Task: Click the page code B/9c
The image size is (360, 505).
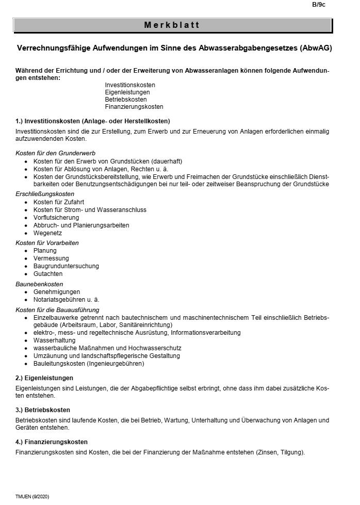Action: point(319,5)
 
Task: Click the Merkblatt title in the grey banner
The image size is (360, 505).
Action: point(172,25)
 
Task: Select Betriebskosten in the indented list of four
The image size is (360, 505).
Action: point(126,99)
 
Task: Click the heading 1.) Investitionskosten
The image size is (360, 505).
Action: point(93,121)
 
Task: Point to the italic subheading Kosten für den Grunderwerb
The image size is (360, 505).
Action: point(55,153)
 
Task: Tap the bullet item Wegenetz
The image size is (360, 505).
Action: point(47,233)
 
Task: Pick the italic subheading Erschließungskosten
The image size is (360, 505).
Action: point(45,193)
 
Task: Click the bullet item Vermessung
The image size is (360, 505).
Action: point(51,258)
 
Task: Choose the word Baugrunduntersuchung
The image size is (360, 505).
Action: point(66,266)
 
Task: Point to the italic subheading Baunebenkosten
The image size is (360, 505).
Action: point(39,284)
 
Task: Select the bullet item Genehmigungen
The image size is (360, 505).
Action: point(56,291)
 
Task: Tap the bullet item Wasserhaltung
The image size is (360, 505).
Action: point(54,340)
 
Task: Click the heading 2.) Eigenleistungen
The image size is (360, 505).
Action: point(44,378)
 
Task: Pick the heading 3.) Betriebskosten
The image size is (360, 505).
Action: point(43,410)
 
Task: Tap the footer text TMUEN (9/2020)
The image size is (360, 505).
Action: point(32,496)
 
